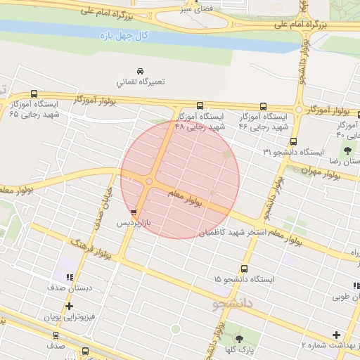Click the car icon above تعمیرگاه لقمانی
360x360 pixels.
pyautogui.click(x=141, y=71)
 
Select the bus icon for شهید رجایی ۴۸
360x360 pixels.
pyautogui.click(x=200, y=107)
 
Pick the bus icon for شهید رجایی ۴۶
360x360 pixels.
pyautogui.click(x=263, y=107)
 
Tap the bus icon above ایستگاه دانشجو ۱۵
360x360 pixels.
pyautogui.click(x=244, y=269)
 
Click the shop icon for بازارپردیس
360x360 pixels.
pyautogui.click(x=134, y=212)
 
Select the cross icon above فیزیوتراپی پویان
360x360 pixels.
pyautogui.click(x=69, y=307)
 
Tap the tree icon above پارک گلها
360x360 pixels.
pyautogui.click(x=239, y=339)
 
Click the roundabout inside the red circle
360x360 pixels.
pyautogui.click(x=149, y=182)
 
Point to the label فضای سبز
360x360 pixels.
pyautogui.click(x=195, y=10)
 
